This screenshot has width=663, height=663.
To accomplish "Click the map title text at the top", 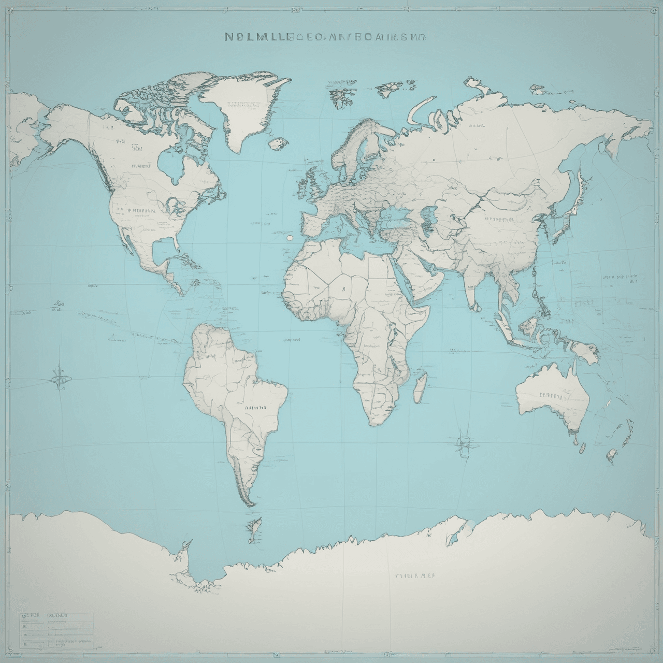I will (x=325, y=37).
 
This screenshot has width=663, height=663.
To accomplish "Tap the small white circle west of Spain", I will (x=289, y=238).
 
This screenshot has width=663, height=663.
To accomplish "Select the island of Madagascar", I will (x=421, y=384).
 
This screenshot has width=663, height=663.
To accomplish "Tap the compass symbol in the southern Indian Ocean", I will (x=463, y=441).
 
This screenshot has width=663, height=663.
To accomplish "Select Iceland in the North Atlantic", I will (x=279, y=142).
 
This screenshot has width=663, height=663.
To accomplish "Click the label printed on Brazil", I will (x=255, y=407).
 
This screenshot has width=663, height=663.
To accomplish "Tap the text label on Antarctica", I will (x=414, y=575).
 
